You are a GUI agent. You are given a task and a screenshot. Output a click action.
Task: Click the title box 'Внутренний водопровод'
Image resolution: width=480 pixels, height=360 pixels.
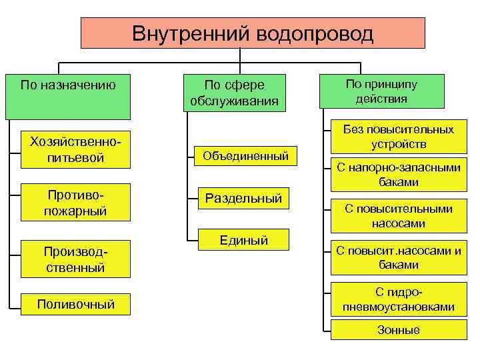(253, 33)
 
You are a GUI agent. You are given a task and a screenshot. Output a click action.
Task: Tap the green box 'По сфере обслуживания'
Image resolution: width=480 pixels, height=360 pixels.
(234, 93)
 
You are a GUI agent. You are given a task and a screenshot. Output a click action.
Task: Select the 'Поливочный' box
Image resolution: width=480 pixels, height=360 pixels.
(75, 304)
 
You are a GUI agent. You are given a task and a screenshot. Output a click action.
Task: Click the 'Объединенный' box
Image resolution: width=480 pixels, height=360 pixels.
(245, 156)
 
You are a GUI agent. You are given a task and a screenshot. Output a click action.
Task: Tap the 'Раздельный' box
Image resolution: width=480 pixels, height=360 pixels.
(243, 198)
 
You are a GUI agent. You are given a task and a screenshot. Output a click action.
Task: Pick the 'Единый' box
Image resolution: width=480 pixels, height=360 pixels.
(243, 241)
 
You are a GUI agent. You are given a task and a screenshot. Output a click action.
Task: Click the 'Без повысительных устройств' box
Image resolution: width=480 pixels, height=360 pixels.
(399, 137)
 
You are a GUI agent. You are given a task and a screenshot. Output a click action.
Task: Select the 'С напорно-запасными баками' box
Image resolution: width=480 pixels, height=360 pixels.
(399, 174)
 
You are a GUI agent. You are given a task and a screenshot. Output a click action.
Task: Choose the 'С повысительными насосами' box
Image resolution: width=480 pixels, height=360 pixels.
(399, 216)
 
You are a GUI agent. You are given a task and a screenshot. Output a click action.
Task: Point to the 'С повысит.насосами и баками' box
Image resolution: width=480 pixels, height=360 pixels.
(399, 258)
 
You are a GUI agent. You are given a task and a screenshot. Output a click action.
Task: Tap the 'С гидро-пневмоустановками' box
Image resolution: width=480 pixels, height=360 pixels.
(399, 300)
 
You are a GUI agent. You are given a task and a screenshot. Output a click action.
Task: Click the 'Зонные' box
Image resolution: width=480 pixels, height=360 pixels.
(399, 330)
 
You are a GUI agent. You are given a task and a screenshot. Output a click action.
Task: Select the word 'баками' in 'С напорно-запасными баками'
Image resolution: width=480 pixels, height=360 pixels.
(399, 181)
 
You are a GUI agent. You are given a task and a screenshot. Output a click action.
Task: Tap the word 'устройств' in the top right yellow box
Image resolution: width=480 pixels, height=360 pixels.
(399, 144)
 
